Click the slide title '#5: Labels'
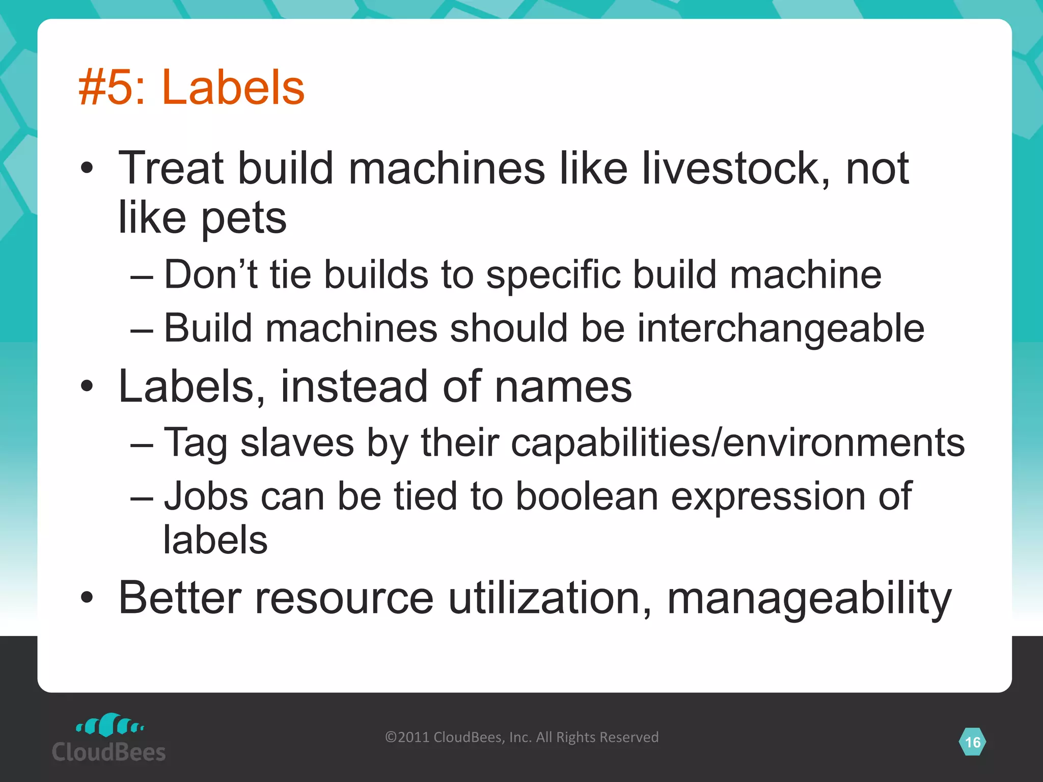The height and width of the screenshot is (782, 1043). (191, 88)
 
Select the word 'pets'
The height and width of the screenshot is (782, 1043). (244, 218)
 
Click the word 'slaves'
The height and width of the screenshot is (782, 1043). (297, 442)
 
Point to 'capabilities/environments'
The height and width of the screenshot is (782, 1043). (737, 442)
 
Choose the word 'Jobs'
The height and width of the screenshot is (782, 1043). (206, 496)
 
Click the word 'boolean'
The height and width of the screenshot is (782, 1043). (587, 496)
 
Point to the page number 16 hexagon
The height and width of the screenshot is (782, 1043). (972, 742)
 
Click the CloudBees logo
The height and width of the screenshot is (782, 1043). (109, 738)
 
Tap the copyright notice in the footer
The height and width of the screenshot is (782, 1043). (521, 737)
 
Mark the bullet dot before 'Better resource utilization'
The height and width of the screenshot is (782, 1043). (87, 598)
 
